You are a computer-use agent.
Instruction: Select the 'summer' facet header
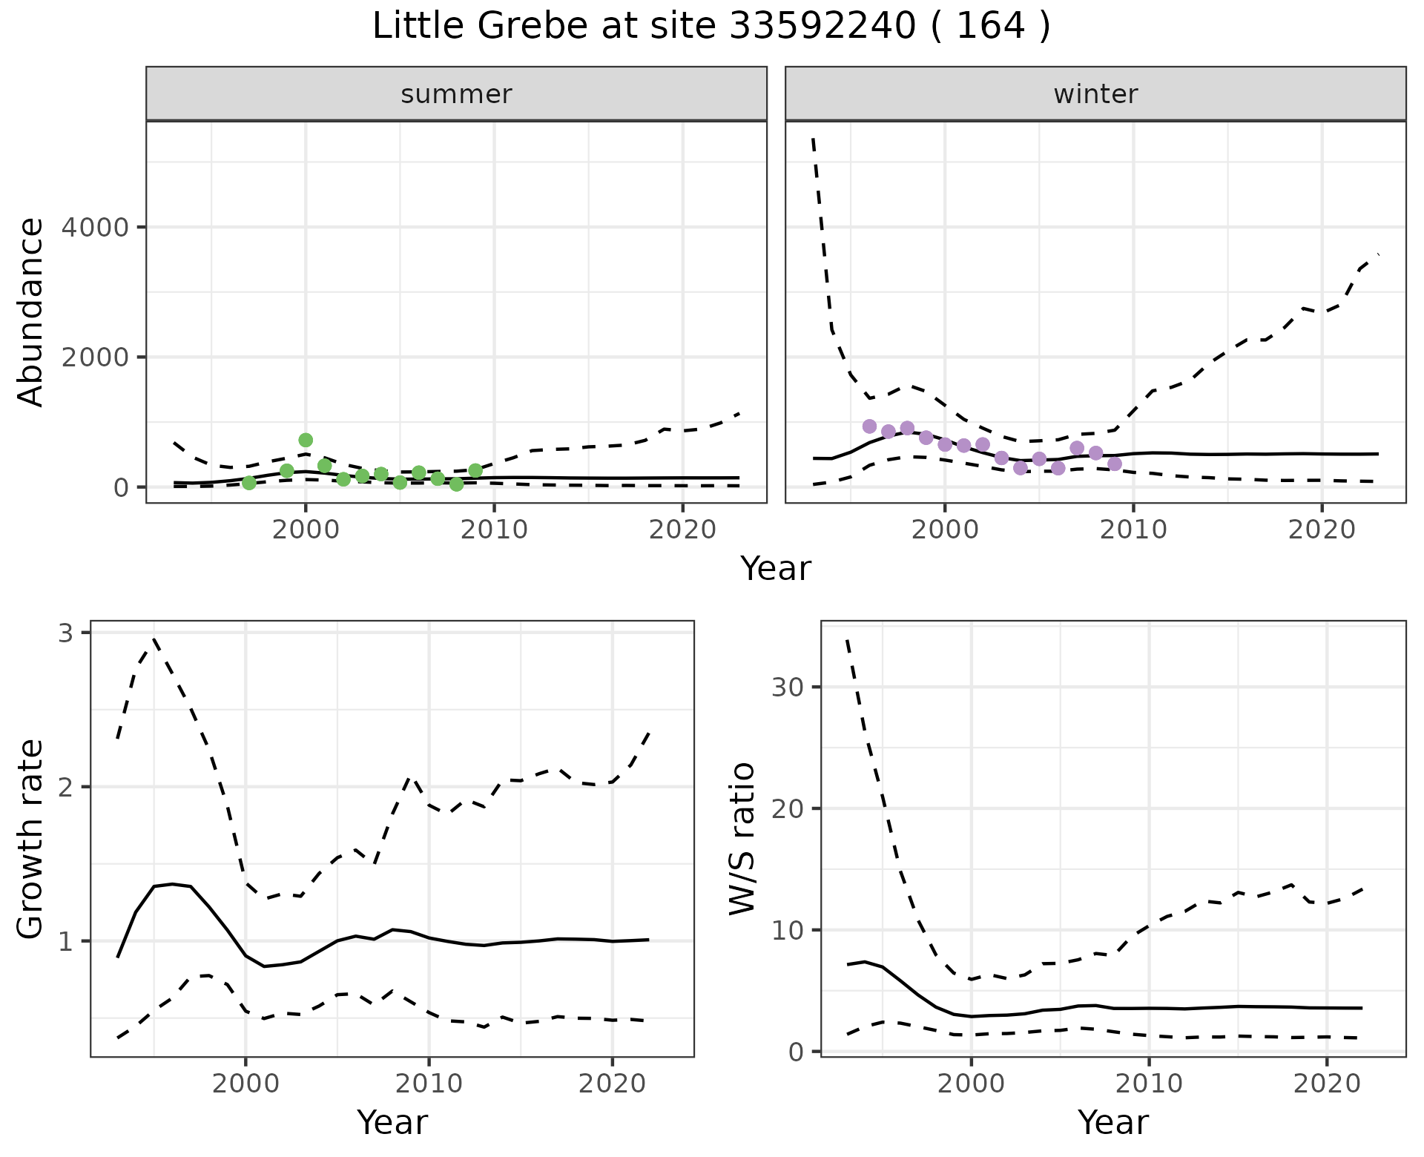pos(456,94)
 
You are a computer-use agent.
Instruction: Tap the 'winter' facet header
pos(1095,94)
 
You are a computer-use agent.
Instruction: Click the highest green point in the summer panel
pos(306,440)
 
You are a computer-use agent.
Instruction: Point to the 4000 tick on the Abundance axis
pos(94,227)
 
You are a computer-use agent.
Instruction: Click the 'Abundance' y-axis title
pos(31,311)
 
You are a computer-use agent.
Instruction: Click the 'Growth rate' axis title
pos(31,840)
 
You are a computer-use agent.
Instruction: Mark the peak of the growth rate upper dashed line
pos(154,638)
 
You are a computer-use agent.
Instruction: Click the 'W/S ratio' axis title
pos(742,838)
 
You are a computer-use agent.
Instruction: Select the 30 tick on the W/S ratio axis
pos(788,687)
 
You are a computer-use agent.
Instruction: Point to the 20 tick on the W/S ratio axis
pos(788,808)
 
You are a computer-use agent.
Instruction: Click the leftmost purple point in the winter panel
pos(870,426)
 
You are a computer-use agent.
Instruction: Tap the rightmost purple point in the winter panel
pos(1115,464)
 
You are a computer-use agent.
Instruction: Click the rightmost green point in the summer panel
pos(475,470)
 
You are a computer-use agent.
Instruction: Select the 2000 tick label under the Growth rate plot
pos(245,1084)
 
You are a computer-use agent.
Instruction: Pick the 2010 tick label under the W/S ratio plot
pos(1149,1084)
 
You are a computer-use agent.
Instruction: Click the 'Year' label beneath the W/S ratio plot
pos(1112,1123)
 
